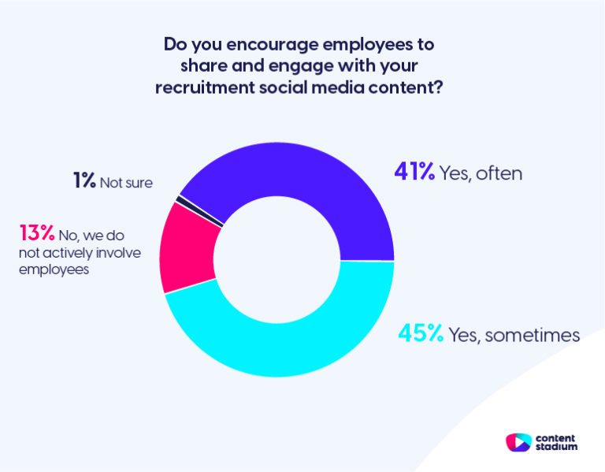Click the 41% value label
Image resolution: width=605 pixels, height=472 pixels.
click(414, 172)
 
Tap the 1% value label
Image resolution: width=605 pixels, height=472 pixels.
click(84, 181)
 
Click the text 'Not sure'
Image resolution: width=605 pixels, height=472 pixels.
click(126, 183)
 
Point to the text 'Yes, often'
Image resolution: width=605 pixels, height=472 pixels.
click(482, 173)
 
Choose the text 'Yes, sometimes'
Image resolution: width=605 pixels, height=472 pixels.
click(514, 336)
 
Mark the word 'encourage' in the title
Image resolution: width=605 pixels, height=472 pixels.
click(262, 44)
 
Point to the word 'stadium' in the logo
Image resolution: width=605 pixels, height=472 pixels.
click(557, 447)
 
